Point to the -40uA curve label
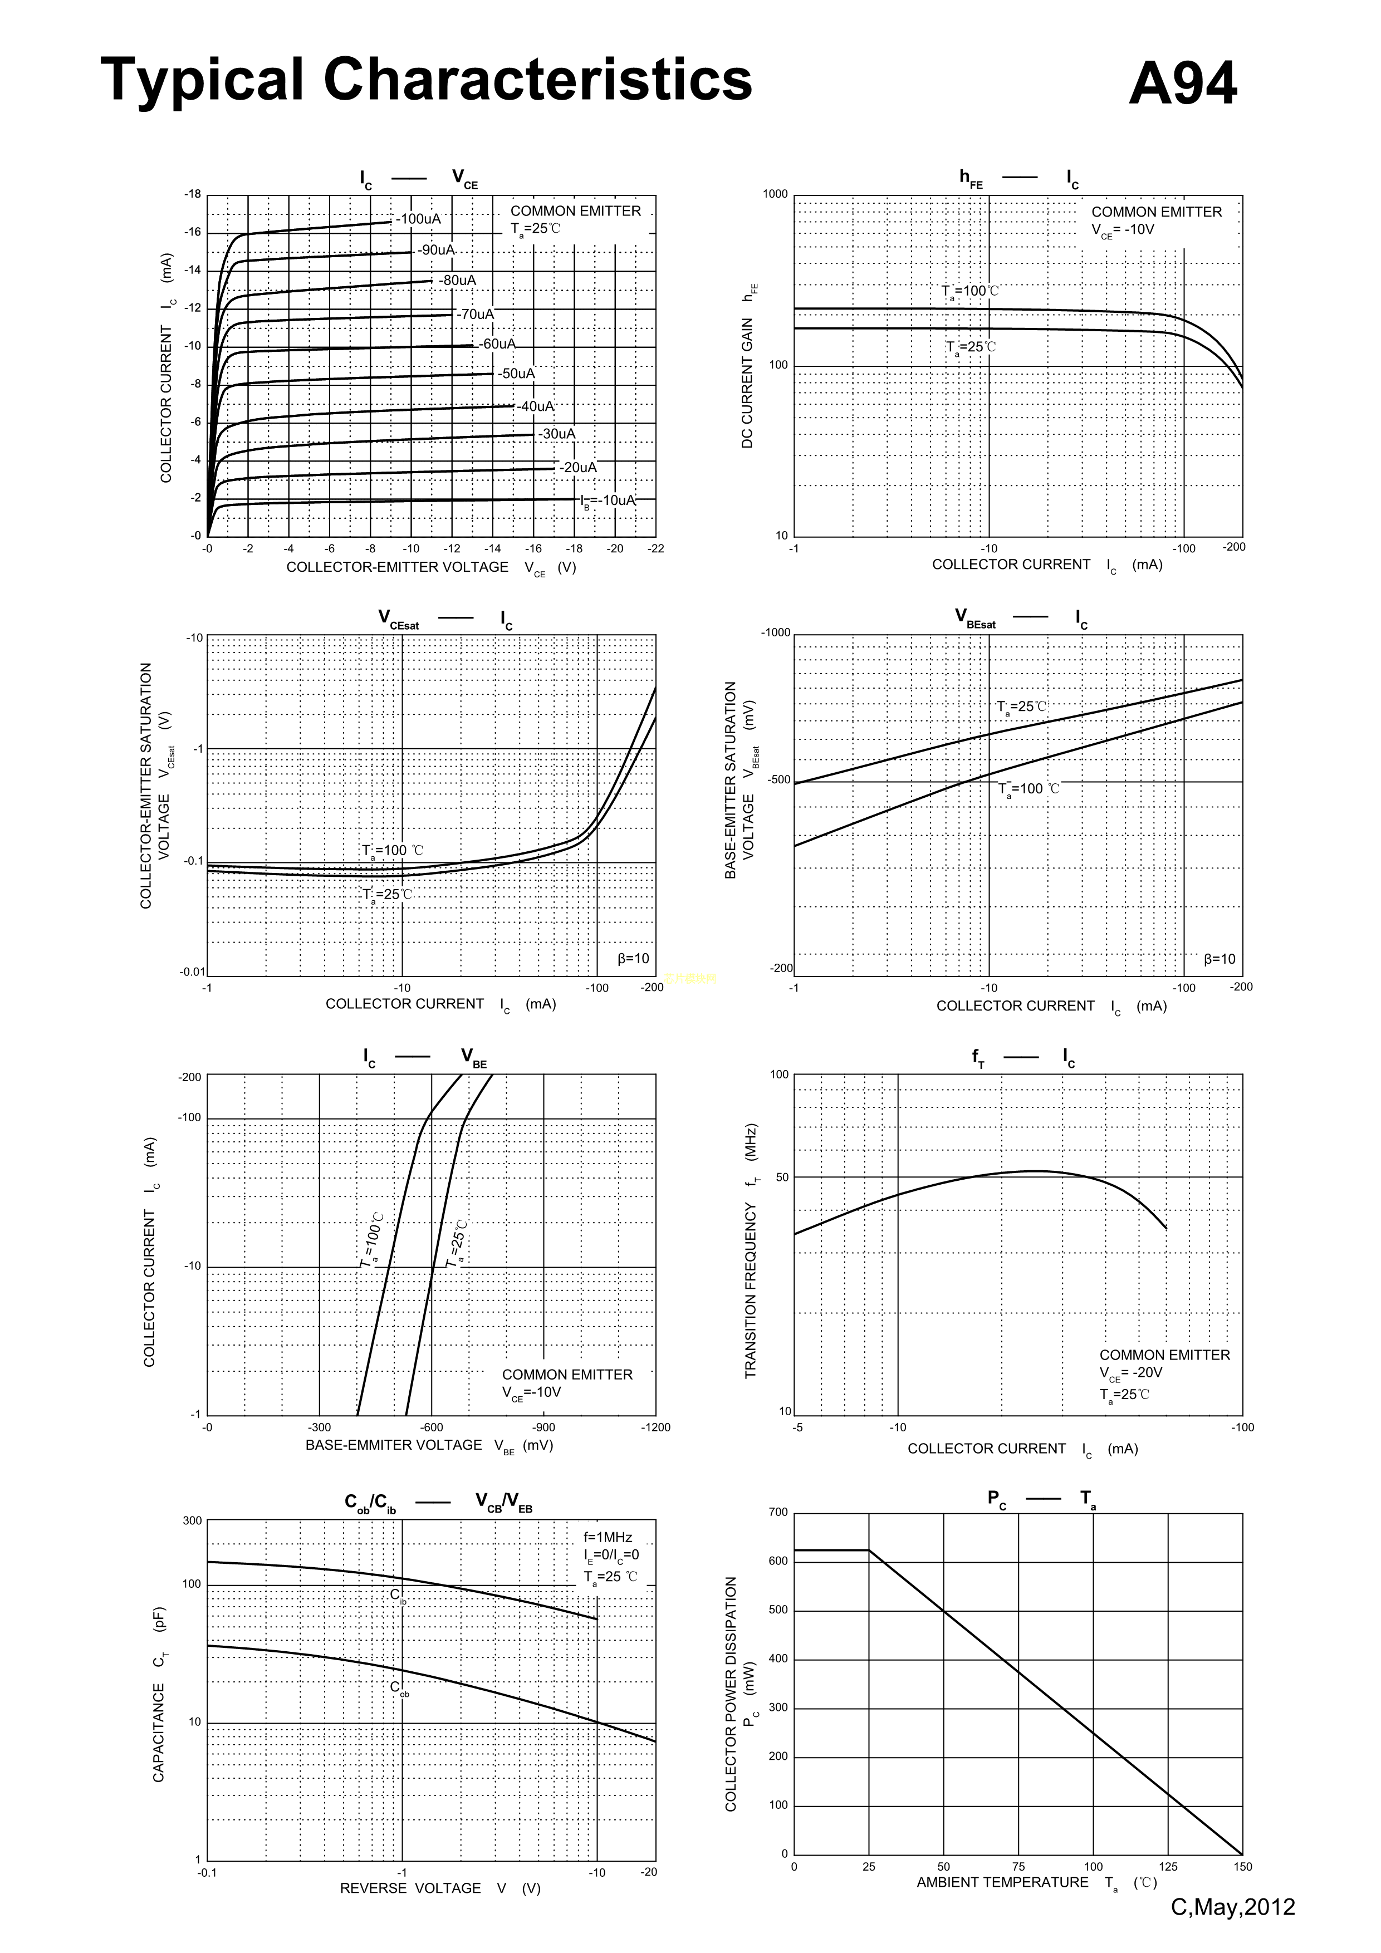(535, 406)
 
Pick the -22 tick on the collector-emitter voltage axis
(655, 548)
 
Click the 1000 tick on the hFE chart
(775, 194)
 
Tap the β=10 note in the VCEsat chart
(633, 959)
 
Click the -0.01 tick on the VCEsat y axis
(192, 972)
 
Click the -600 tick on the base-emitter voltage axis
(432, 1427)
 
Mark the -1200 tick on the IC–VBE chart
(655, 1427)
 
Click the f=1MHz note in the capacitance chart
(608, 1537)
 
